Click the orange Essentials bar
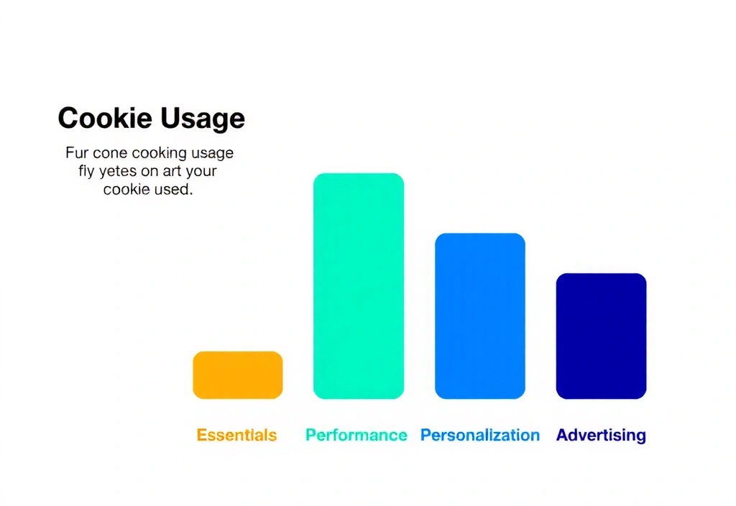pyautogui.click(x=237, y=375)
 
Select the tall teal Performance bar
pyautogui.click(x=358, y=286)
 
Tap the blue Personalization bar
pyautogui.click(x=479, y=316)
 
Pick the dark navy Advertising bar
pyautogui.click(x=601, y=336)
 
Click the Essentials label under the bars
pyautogui.click(x=236, y=435)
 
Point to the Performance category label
pyautogui.click(x=356, y=435)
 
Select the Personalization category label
pyautogui.click(x=479, y=435)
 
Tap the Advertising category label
pyautogui.click(x=601, y=435)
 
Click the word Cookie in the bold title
pyautogui.click(x=105, y=119)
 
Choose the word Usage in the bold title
pyautogui.click(x=203, y=119)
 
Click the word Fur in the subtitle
pyautogui.click(x=76, y=153)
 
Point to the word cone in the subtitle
pyautogui.click(x=110, y=153)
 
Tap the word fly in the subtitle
pyautogui.click(x=86, y=172)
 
